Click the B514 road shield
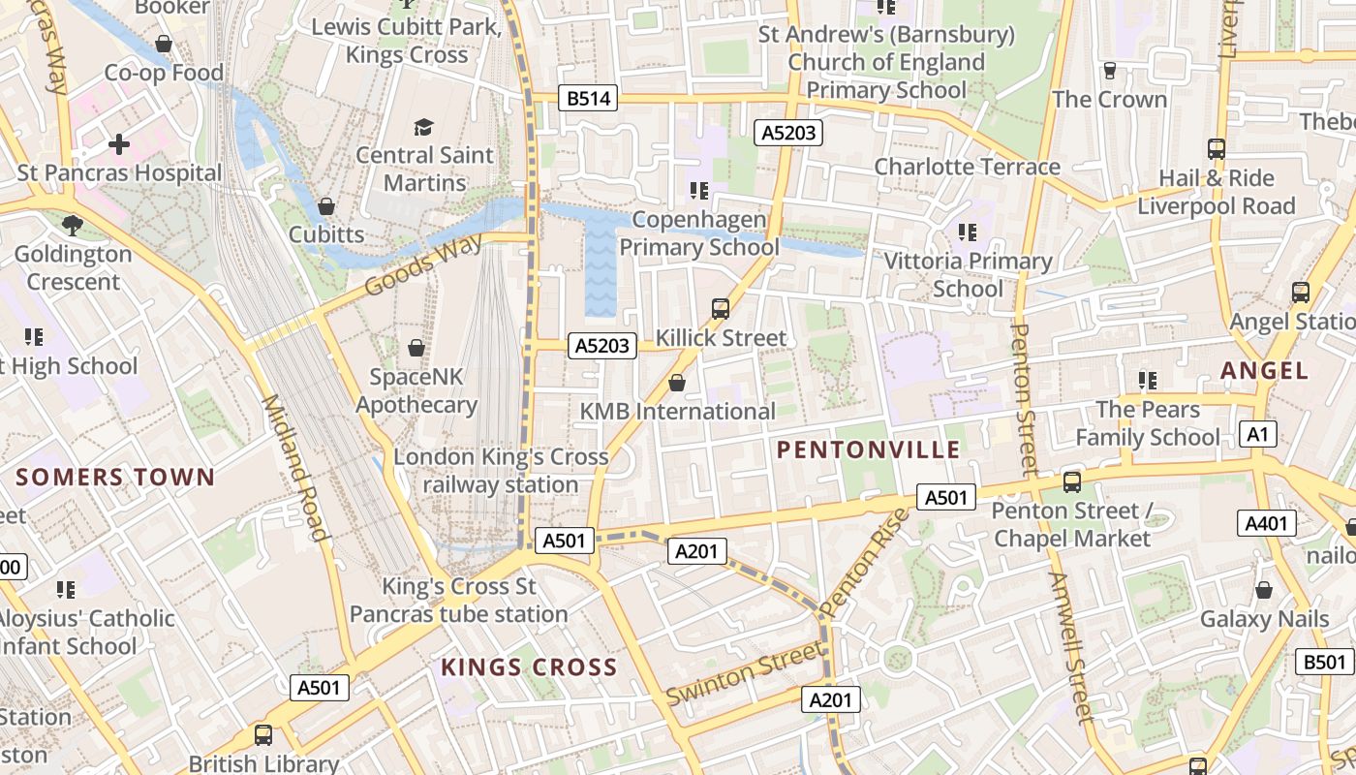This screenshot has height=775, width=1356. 589,98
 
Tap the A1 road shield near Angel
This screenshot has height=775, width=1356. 1256,434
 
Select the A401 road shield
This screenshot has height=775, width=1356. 1266,524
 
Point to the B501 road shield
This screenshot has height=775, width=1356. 1324,662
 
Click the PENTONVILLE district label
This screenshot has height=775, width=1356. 869,449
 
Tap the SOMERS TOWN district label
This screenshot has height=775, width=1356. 115,477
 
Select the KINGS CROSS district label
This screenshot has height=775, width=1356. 529,667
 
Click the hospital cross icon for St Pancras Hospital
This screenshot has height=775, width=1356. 119,144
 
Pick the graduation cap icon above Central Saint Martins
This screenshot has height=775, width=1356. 423,127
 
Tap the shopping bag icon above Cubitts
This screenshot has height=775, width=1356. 326,206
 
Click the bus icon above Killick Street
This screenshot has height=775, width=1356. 721,309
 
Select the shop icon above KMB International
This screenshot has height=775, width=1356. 677,383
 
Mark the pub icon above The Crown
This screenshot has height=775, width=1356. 1109,71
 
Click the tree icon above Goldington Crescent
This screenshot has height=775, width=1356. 73,226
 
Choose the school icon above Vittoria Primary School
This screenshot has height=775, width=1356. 967,232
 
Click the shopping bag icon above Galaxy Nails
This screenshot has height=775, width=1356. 1263,590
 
